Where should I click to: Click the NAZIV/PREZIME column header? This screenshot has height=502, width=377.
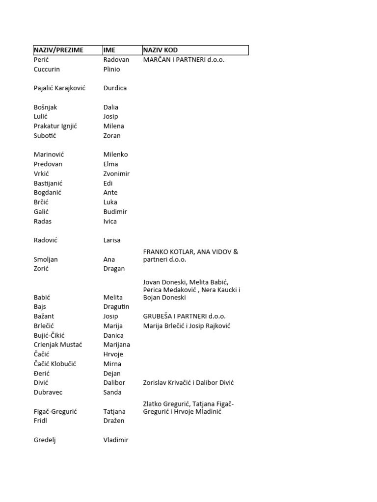[58, 50]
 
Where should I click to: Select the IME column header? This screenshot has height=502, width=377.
[109, 50]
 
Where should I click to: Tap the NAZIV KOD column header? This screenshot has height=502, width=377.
[161, 50]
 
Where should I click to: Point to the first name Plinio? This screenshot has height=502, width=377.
[111, 69]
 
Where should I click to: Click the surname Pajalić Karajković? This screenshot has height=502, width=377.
[59, 88]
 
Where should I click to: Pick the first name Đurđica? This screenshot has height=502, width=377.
[115, 88]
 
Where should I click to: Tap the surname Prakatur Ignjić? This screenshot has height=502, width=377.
[55, 126]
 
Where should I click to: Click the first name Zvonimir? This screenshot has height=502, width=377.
[116, 174]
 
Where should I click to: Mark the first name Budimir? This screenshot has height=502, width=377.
[115, 212]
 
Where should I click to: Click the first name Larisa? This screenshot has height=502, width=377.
[112, 240]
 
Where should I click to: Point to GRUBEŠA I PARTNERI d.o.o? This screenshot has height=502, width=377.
[184, 316]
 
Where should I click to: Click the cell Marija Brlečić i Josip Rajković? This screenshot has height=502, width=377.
[187, 326]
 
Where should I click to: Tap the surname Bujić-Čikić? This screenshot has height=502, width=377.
[51, 335]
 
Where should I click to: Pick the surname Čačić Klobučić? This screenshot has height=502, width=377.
[55, 364]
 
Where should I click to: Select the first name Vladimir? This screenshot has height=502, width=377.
[116, 440]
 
